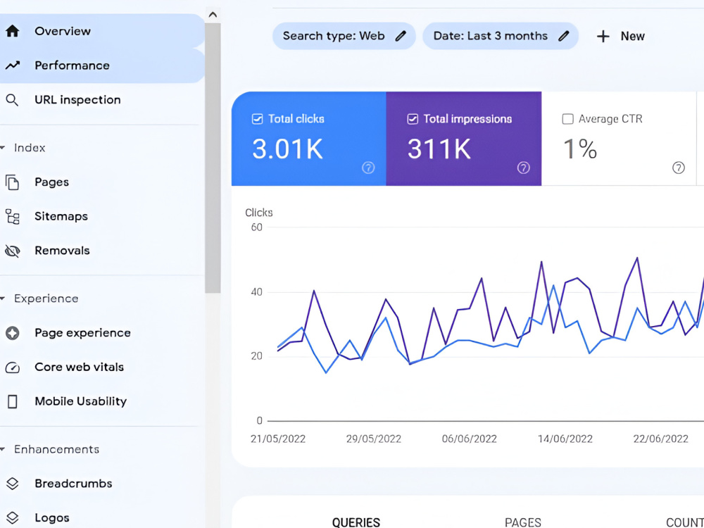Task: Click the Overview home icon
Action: point(13,31)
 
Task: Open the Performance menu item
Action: point(72,65)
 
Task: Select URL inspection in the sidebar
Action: point(77,100)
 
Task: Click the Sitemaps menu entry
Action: point(61,216)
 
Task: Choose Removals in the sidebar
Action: point(62,251)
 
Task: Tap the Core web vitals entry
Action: point(79,367)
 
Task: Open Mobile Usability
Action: point(81,401)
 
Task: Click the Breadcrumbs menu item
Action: point(73,484)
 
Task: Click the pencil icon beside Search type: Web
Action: point(401,36)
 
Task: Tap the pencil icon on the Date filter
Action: point(563,36)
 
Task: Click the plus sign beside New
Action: point(603,37)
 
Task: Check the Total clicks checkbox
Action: point(257,119)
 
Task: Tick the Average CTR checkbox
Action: point(568,119)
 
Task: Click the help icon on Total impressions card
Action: point(524,168)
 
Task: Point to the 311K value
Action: point(439,149)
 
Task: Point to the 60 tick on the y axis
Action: point(257,227)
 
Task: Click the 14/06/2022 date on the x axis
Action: point(565,439)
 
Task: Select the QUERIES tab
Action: point(356,522)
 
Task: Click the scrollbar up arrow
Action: point(213,14)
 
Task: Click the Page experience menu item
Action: point(82,333)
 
